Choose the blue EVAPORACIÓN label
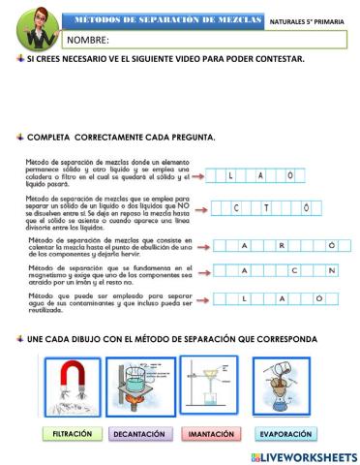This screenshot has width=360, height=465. click(x=285, y=434)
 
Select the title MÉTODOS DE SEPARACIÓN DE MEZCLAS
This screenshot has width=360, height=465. click(x=162, y=18)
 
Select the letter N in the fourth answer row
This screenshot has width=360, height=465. click(x=330, y=270)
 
